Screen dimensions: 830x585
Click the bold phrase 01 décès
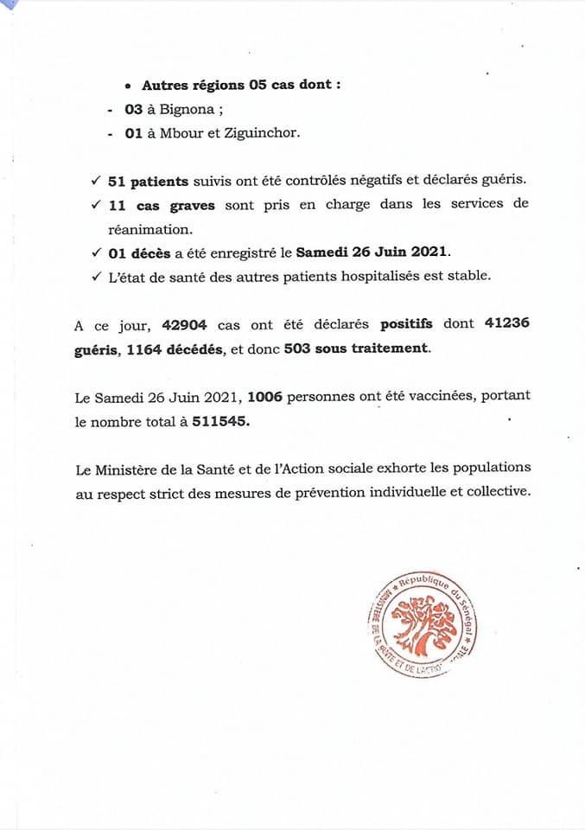click(x=139, y=252)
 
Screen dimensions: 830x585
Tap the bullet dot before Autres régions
click(x=128, y=86)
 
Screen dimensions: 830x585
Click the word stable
click(x=470, y=276)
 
